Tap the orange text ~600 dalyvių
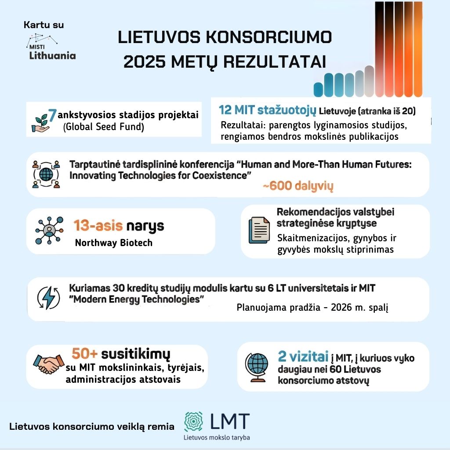[298, 186]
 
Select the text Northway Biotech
[113, 243]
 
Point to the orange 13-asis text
[98, 226]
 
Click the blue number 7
[52, 116]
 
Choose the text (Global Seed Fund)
[104, 127]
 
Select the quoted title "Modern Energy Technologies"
[138, 299]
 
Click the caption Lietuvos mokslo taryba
[217, 437]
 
